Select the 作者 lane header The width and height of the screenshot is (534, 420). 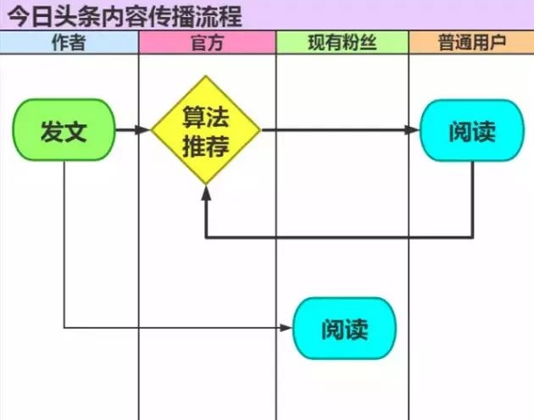coord(69,42)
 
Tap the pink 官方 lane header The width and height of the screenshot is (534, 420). coord(207,42)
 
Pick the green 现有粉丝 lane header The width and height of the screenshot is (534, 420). coord(342,42)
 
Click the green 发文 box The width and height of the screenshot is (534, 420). coord(64,130)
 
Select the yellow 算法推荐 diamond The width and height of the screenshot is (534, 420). coord(206,130)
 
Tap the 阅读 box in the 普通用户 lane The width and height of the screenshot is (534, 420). coord(472,130)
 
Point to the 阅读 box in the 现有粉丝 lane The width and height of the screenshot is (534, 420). coord(344,328)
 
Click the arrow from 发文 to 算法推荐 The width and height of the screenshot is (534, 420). coord(131,130)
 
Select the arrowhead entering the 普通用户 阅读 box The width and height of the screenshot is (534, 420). coord(413,130)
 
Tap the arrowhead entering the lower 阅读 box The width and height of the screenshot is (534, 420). coord(286,328)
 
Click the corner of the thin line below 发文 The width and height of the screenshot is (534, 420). coord(64,328)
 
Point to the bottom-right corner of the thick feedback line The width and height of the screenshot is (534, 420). coord(472,237)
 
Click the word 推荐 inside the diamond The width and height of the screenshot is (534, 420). coord(206,146)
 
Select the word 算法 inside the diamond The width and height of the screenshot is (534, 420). coord(206,117)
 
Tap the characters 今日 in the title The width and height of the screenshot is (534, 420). coord(31,15)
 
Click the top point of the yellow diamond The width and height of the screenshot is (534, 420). coord(206,77)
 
